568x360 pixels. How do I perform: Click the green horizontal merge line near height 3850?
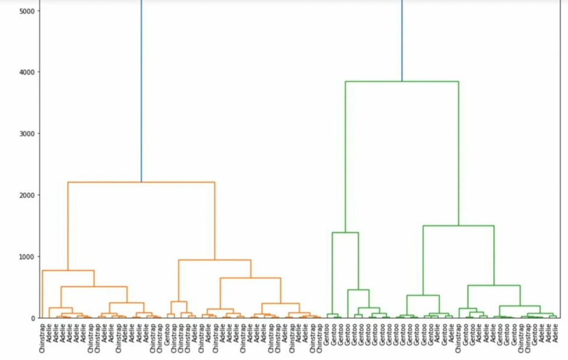tap(402, 82)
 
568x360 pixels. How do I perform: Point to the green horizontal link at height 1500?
tap(458, 226)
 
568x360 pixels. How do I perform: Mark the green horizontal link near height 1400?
tap(345, 233)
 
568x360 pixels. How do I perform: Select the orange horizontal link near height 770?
tap(68, 270)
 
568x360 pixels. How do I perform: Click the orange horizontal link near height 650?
tap(251, 278)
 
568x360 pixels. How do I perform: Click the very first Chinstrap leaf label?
tap(42, 337)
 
